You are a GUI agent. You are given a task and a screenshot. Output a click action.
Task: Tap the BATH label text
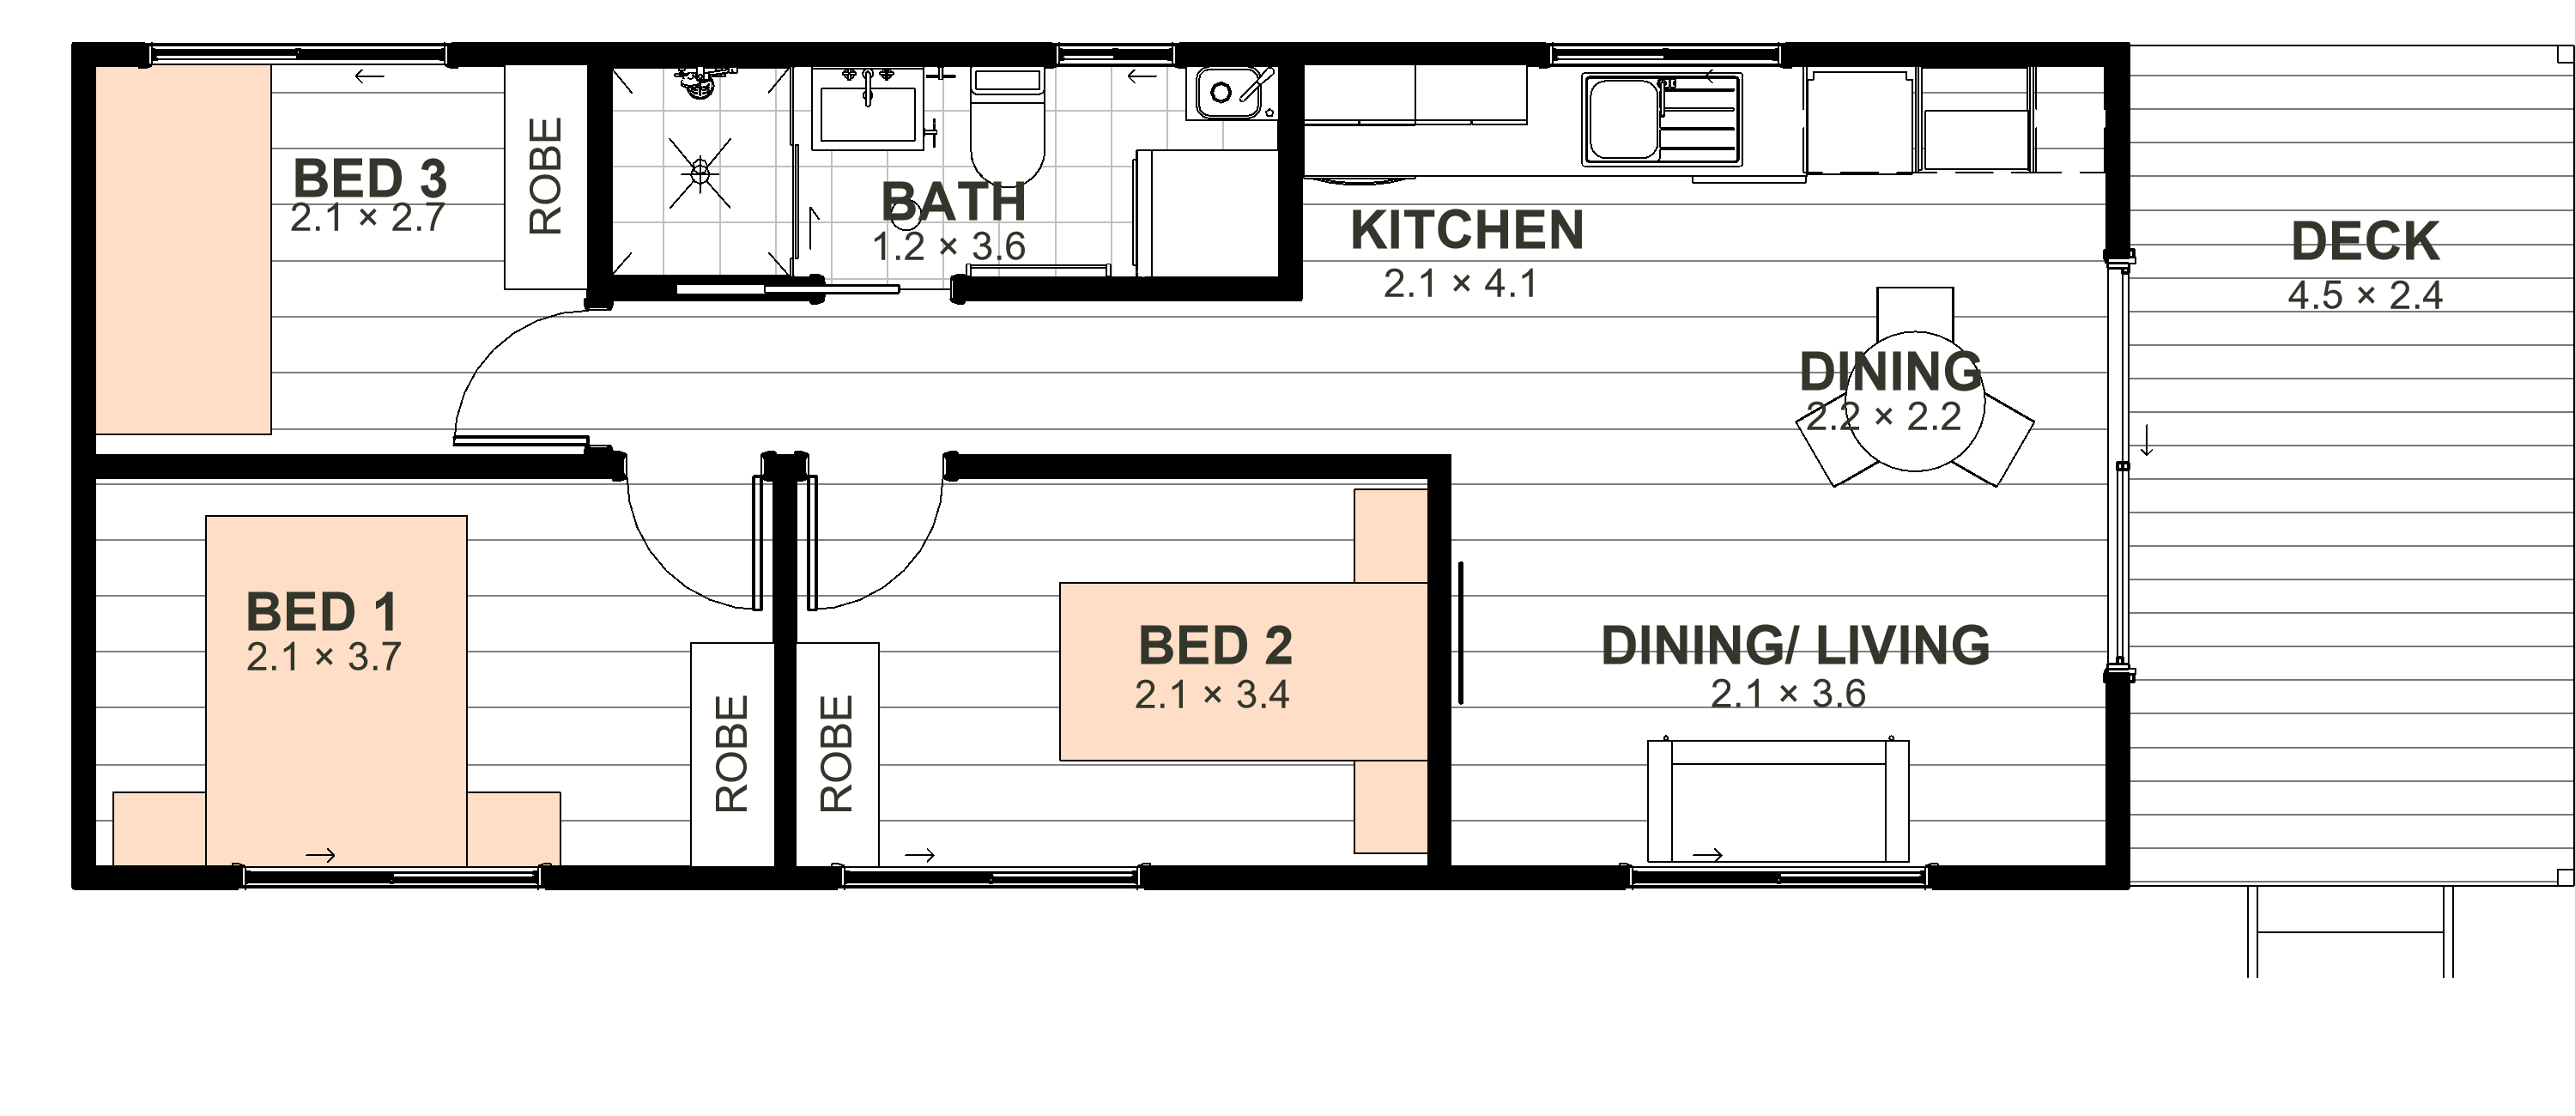pos(954,202)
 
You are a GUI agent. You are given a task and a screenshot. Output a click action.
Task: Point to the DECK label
pos(2365,241)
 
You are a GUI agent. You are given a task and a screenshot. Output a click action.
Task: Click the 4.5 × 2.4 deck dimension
pos(2365,296)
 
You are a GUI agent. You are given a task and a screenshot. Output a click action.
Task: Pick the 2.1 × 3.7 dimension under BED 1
pos(324,657)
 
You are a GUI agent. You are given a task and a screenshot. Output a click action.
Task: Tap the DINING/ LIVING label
pos(1796,645)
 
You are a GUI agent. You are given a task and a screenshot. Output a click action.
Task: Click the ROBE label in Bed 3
pos(546,176)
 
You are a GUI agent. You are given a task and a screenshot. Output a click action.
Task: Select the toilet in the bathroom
pos(1008,125)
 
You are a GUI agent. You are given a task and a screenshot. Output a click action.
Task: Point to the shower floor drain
pos(700,174)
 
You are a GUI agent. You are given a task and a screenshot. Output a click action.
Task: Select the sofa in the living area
pos(1778,801)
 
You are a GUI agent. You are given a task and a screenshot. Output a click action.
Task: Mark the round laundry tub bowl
pos(1221,93)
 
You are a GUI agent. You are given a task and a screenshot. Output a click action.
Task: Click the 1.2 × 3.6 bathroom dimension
pos(948,246)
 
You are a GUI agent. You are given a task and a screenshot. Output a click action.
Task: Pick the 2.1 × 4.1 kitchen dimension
pos(1460,284)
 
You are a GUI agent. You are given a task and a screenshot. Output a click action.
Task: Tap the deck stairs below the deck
pos(2349,931)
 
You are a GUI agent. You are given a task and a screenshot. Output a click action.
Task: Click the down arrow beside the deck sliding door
pos(2146,440)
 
